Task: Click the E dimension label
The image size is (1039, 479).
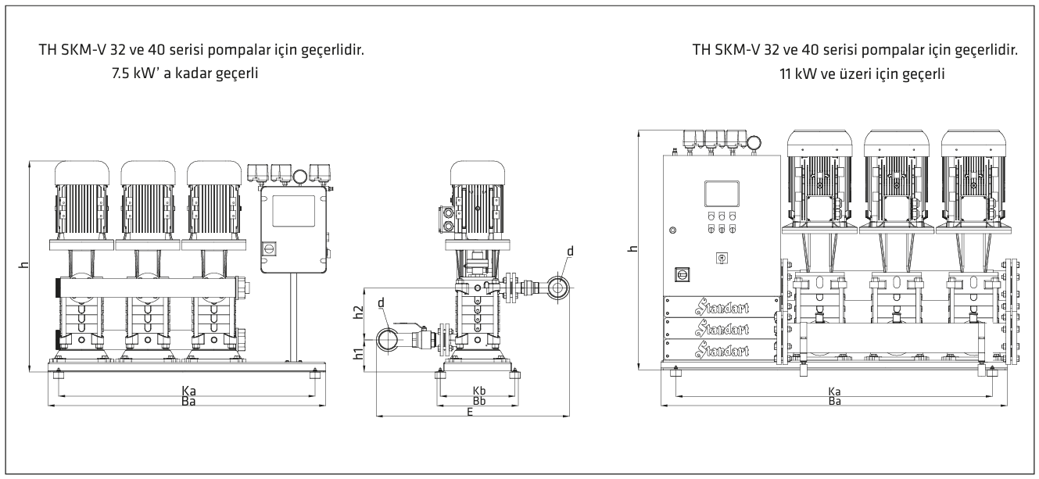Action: [470, 411]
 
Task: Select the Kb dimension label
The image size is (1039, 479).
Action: [479, 391]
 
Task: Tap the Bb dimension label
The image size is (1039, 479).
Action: [479, 401]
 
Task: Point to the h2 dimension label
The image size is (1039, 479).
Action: [358, 312]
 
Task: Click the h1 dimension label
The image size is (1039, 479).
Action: [358, 354]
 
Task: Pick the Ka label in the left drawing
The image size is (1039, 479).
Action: [188, 391]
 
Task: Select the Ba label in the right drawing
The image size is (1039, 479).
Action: [834, 401]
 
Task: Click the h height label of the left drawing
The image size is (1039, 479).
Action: [24, 265]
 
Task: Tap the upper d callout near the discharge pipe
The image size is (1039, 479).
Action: [571, 251]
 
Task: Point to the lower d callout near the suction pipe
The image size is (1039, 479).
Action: [381, 303]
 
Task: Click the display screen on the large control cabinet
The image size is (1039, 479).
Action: [722, 193]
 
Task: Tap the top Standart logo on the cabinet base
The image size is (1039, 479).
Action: [722, 307]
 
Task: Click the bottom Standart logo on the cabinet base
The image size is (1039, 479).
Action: [722, 350]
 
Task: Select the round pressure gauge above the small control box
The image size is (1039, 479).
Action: [300, 176]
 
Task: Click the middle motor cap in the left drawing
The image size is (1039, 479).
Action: [149, 173]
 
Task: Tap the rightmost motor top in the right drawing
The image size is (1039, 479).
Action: [973, 143]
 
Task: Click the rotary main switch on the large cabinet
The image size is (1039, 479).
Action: [682, 274]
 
